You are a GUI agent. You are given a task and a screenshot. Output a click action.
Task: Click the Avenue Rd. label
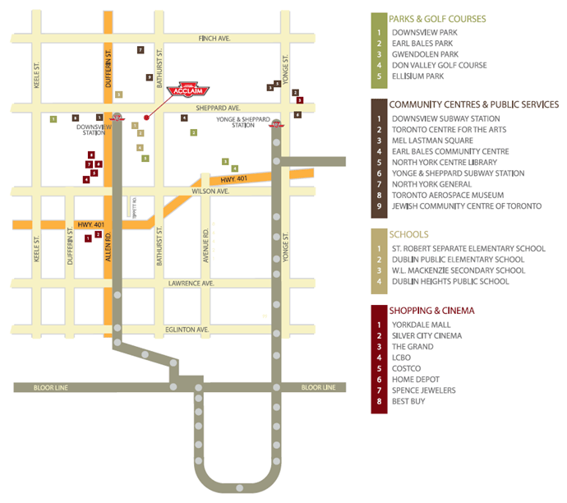(206, 244)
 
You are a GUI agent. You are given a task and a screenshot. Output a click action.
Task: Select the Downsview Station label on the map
(88, 131)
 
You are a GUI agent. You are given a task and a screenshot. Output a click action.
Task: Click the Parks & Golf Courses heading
(437, 19)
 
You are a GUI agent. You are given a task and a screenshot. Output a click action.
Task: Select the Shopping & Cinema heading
(431, 311)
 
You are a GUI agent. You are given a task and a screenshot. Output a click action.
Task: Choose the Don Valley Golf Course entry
(439, 65)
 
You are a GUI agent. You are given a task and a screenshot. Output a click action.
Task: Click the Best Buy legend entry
(408, 401)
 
